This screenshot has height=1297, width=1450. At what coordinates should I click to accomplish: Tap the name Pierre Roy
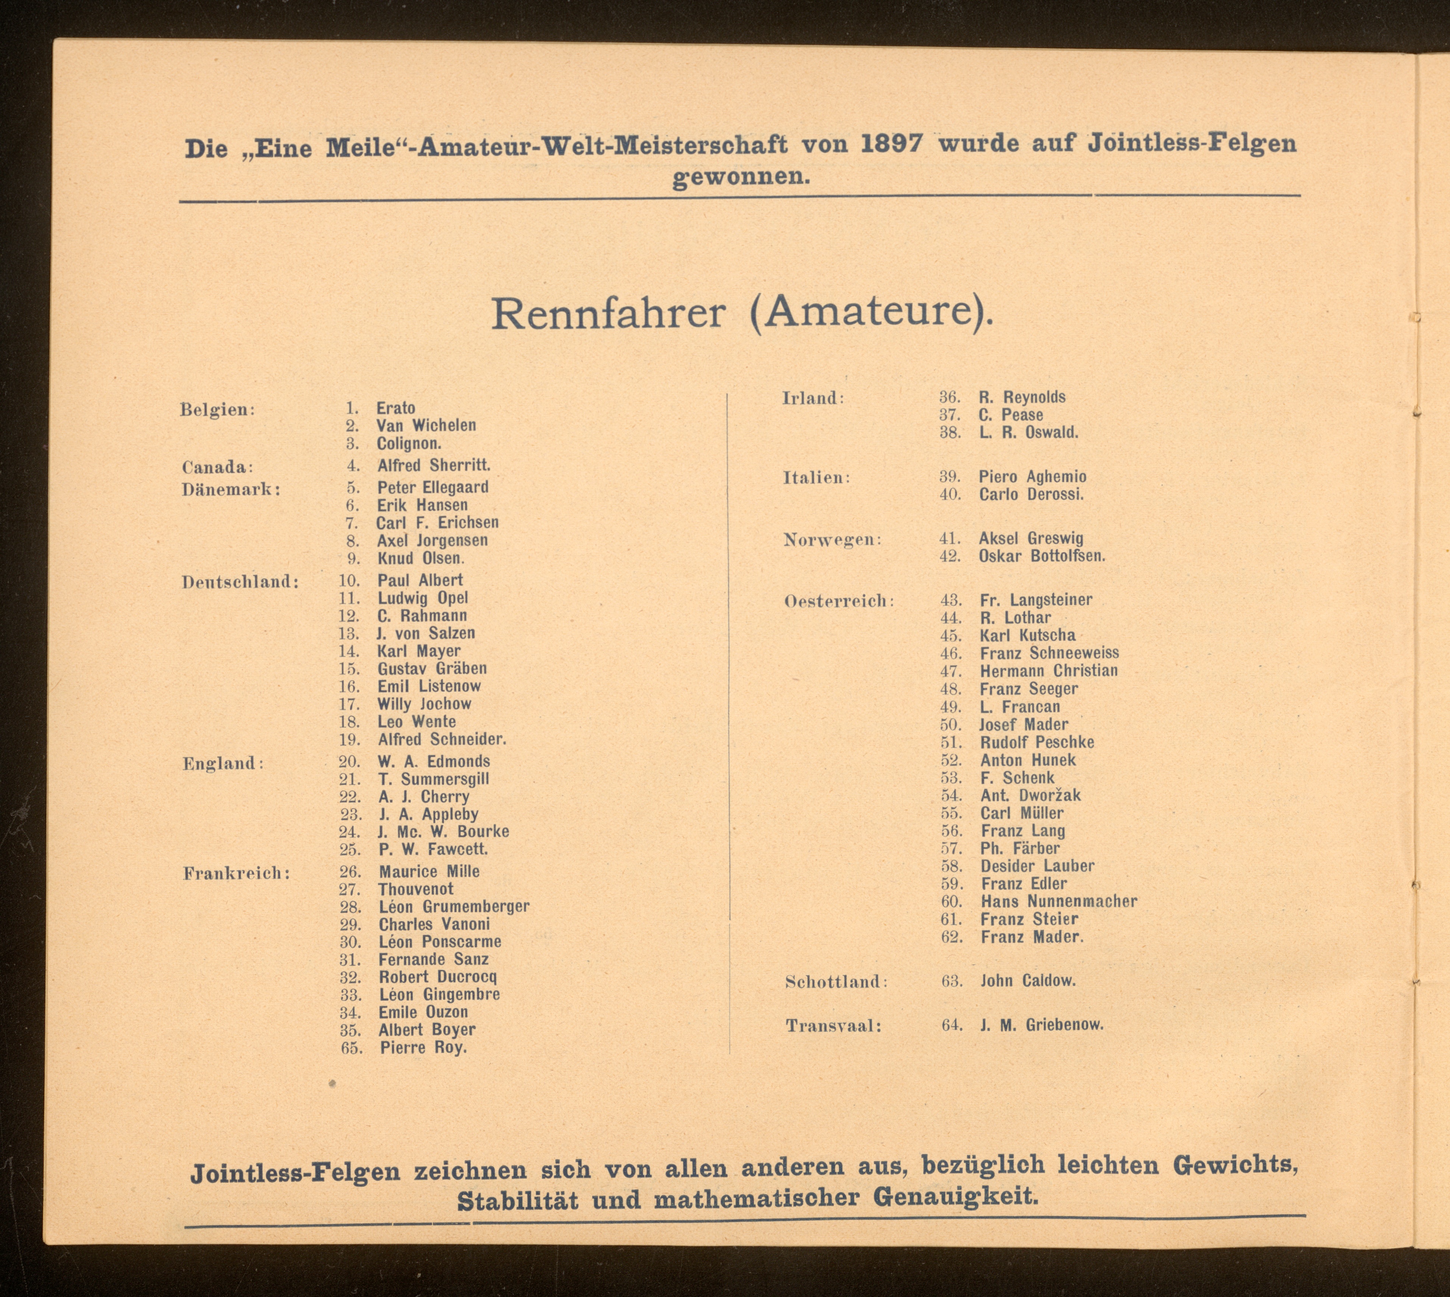pos(423,1047)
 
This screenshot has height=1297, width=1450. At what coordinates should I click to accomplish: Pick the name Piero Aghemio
pos(1032,477)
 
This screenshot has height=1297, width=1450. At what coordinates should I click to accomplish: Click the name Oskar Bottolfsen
pos(1042,556)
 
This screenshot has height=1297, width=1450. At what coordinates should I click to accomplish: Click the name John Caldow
pos(1028,980)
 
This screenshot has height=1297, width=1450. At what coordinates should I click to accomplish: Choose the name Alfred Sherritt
pos(434,465)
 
